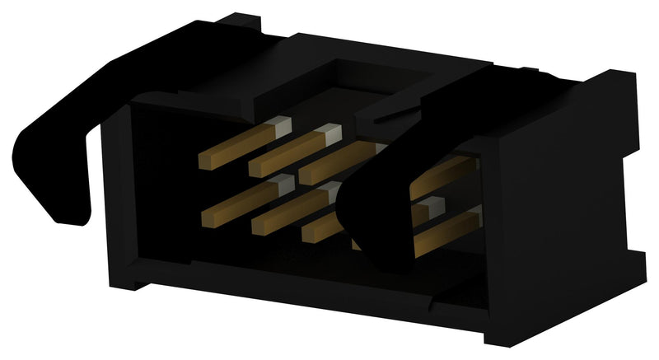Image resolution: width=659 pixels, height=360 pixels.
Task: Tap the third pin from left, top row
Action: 338,161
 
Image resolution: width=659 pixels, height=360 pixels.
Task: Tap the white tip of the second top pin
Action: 330,132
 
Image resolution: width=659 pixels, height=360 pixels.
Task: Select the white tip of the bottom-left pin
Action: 283,184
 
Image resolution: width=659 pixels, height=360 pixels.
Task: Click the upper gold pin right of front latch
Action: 449,174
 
